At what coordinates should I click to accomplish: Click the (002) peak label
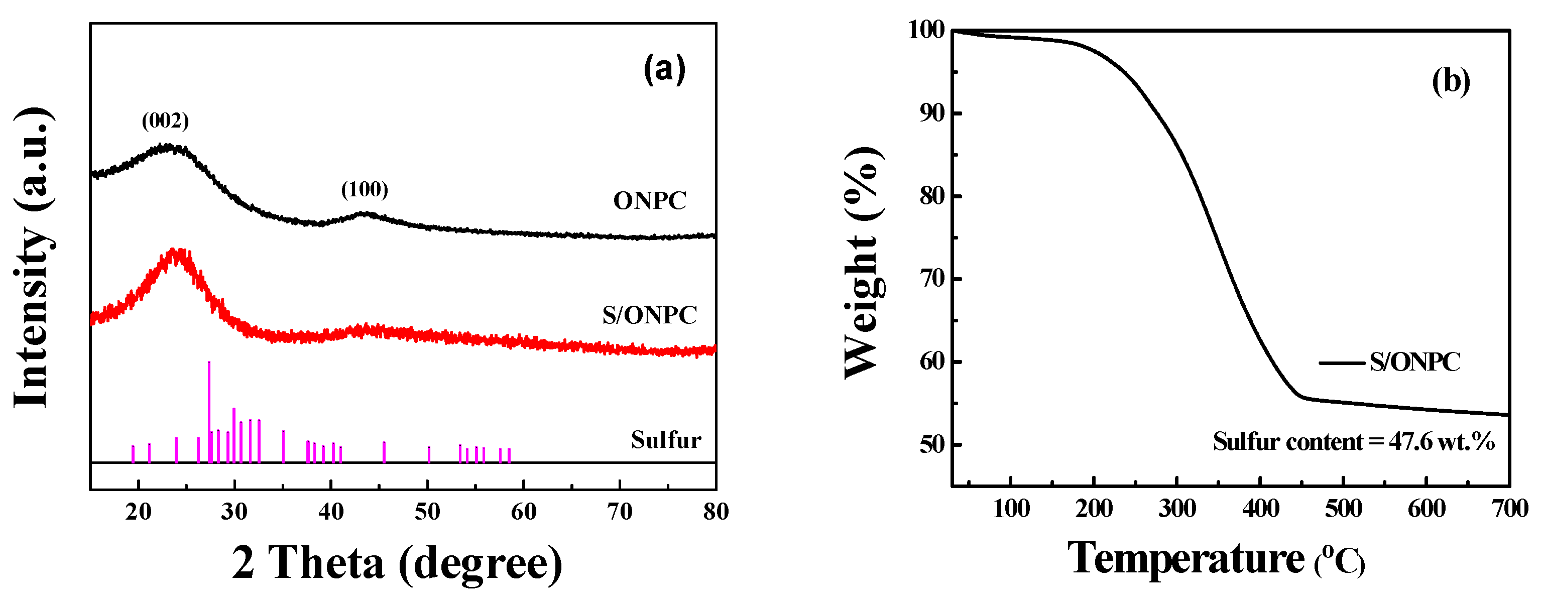[165, 121]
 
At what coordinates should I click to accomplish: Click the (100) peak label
[365, 190]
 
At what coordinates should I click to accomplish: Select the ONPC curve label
[649, 201]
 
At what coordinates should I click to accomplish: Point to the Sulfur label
[666, 441]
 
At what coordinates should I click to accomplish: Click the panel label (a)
[664, 69]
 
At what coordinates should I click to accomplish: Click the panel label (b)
[1451, 81]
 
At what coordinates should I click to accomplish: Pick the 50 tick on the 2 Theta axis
[427, 512]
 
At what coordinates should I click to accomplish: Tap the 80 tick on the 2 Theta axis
[716, 512]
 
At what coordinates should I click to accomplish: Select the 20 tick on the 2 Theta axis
[138, 512]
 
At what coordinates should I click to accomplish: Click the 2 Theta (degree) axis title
[397, 563]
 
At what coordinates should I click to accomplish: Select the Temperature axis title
[1215, 559]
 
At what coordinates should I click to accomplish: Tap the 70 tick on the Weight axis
[932, 279]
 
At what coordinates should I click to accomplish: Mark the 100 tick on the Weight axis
[926, 30]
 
